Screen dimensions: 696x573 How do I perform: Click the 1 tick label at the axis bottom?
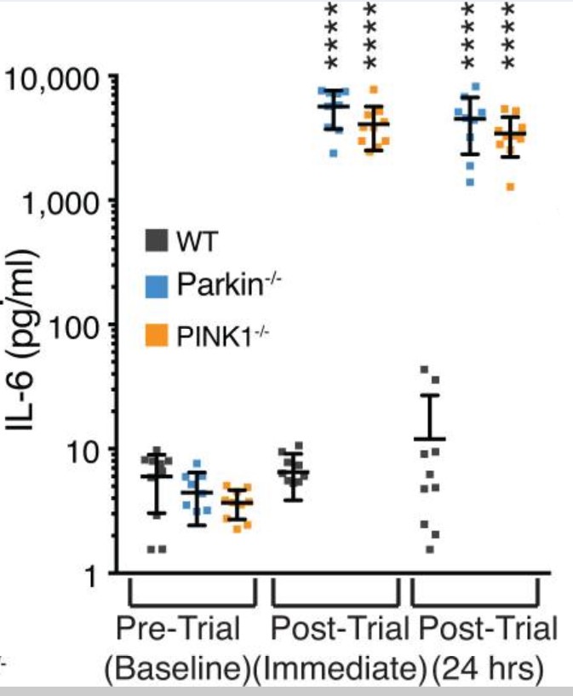(95, 573)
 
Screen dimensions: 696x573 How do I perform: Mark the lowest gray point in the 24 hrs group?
(430, 549)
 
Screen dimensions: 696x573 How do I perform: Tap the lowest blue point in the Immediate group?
(334, 153)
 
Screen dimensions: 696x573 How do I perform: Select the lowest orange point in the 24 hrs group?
(511, 187)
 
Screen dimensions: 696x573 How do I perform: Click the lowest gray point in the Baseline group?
(152, 549)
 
